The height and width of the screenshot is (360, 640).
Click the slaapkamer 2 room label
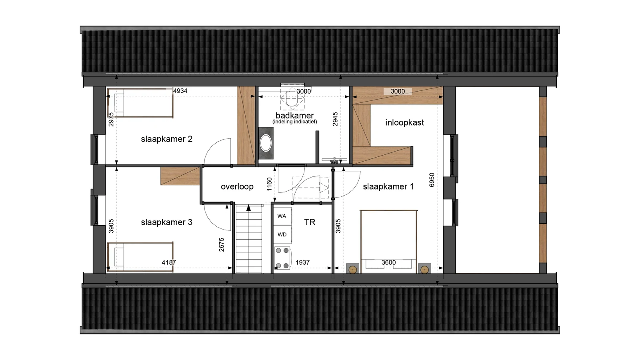point(166,139)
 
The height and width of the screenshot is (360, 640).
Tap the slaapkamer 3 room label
point(166,222)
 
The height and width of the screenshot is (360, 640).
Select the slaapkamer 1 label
point(388,186)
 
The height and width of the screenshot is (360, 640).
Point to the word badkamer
point(294,116)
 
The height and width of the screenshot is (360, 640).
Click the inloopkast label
point(404,122)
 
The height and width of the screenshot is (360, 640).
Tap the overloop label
point(237,187)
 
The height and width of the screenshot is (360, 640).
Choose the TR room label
point(310,222)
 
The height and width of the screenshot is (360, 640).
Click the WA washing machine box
point(282,216)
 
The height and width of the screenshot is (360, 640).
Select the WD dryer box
point(282,235)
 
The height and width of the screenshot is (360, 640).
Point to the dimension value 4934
point(180,91)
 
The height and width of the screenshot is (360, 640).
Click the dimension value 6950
point(432,180)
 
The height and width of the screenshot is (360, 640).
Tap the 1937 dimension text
point(302,262)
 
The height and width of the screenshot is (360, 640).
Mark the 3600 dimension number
point(388,262)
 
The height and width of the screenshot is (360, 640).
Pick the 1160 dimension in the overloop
point(269,184)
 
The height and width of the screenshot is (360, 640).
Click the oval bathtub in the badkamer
point(266,143)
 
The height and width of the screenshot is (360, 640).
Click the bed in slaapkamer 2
point(140,103)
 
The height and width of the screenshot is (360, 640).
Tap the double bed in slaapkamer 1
point(388,242)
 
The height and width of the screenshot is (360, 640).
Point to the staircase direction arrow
point(248,208)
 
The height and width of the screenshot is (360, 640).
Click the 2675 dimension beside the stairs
point(222,245)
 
